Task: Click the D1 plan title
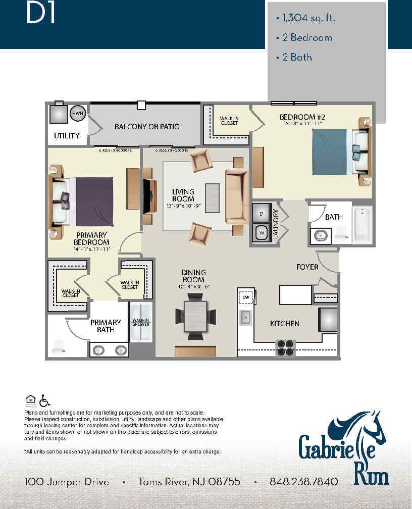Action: pos(40,14)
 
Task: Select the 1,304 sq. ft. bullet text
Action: pos(305,19)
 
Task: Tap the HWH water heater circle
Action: pos(77,114)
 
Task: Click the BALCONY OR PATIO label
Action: pos(147,126)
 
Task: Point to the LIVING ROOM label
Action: pos(183,195)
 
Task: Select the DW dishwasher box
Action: pos(246,298)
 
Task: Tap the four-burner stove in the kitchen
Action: pos(285,347)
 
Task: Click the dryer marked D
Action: pos(262,214)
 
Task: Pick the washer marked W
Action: pos(262,233)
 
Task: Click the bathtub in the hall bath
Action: pos(362,225)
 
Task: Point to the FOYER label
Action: pos(307,267)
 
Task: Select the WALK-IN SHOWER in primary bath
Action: pos(140,322)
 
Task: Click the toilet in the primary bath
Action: pos(57,346)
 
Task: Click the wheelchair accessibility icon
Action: pos(45,400)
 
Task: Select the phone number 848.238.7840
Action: pos(303,482)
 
